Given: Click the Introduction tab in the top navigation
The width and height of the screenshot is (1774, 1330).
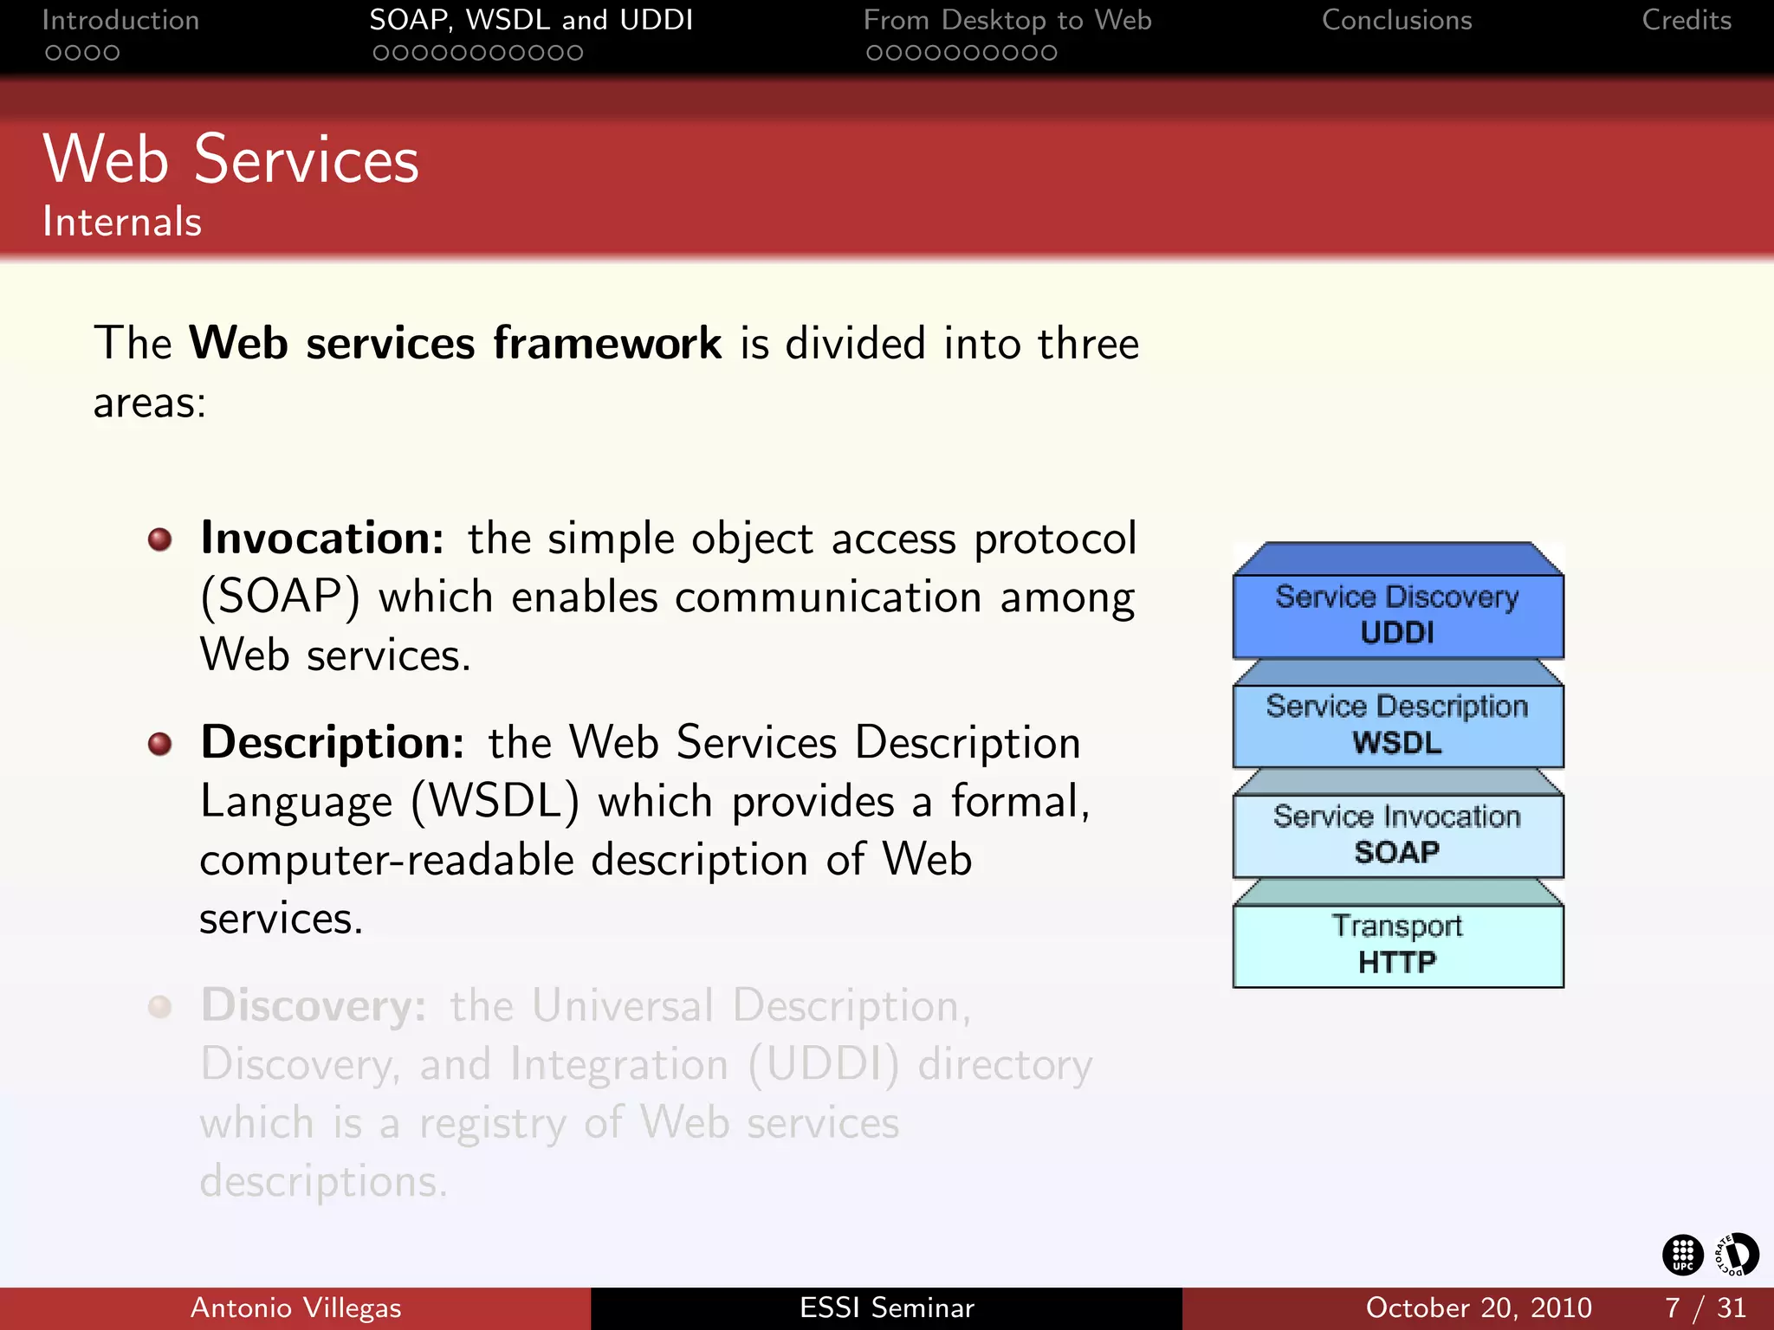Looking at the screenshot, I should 120,20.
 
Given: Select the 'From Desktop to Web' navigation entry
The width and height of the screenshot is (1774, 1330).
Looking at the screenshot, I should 1007,20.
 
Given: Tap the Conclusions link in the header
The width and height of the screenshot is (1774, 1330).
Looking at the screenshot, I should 1396,20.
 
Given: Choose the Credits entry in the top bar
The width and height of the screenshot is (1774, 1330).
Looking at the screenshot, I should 1686,20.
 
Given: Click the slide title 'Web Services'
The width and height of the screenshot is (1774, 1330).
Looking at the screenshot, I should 230,160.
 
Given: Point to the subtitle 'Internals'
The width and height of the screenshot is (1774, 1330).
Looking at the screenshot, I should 122,222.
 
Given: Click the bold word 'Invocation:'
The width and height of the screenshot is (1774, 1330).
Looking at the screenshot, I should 322,539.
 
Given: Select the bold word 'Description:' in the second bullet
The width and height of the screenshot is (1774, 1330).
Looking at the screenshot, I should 333,743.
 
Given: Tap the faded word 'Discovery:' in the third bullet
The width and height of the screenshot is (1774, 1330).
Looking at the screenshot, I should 314,1006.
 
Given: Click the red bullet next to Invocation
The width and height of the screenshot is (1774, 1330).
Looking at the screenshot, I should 159,540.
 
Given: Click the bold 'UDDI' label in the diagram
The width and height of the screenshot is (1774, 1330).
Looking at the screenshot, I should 1397,633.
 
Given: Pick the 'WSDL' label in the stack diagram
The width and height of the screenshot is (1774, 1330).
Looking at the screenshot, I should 1397,743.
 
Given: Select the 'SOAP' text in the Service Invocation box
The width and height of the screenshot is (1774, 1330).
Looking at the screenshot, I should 1397,853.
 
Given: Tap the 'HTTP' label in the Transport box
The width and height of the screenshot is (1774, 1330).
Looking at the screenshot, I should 1397,962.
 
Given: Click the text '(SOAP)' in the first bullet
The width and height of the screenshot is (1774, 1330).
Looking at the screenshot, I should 280,597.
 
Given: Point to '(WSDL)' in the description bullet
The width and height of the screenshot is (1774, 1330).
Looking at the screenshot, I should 495,802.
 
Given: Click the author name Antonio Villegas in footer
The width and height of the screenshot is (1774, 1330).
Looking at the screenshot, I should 295,1307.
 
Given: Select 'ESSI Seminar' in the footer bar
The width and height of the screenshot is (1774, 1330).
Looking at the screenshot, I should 886,1307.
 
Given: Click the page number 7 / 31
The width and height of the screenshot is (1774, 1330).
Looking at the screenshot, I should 1704,1307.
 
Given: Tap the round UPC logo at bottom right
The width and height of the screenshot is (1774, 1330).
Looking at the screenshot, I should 1682,1255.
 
